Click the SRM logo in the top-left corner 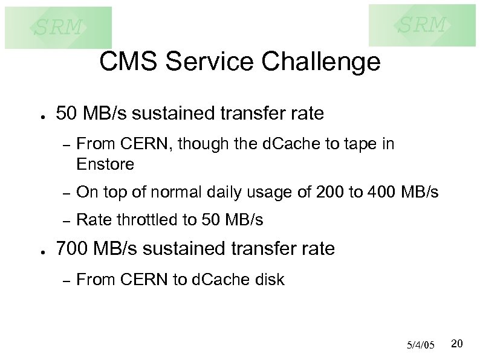pyautogui.click(x=58, y=27)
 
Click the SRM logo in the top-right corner pyautogui.click(x=422, y=25)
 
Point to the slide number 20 pyautogui.click(x=457, y=344)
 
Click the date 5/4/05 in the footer pyautogui.click(x=421, y=345)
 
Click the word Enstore pyautogui.click(x=105, y=164)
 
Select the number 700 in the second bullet pyautogui.click(x=72, y=248)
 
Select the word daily pyautogui.click(x=235, y=193)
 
